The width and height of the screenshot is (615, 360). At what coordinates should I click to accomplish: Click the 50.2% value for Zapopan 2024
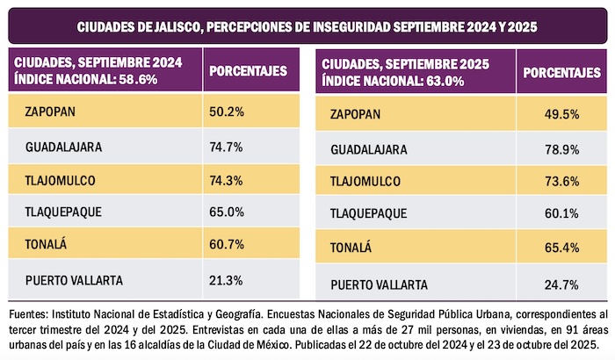[x=227, y=112]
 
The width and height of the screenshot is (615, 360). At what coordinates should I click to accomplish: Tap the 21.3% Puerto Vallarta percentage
[x=227, y=280]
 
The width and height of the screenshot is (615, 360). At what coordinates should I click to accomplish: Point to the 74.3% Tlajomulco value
[x=227, y=179]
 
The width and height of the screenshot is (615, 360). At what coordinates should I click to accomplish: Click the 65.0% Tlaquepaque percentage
[x=227, y=213]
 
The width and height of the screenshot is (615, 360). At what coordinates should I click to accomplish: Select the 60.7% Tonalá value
[x=227, y=247]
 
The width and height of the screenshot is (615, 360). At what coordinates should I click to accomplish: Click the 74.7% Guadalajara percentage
[x=227, y=146]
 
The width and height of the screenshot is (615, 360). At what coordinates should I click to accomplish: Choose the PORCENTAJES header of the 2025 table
[x=561, y=72]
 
